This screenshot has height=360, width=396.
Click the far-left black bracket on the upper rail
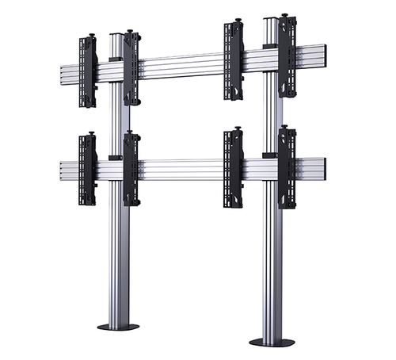tap(87, 71)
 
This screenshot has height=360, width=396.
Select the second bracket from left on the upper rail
tap(131, 68)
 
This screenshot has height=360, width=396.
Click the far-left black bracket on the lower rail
tap(87, 167)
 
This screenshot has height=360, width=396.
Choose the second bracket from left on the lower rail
tap(131, 168)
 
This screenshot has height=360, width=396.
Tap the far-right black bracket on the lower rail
tap(287, 167)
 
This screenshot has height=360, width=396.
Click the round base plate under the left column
tap(118, 326)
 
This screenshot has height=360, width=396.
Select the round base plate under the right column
tap(271, 342)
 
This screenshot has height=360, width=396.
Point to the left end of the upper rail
tap(63, 75)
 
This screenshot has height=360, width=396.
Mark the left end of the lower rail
tap(63, 170)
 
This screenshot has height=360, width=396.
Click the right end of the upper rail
tap(323, 55)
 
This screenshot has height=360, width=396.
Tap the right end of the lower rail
tap(323, 167)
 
